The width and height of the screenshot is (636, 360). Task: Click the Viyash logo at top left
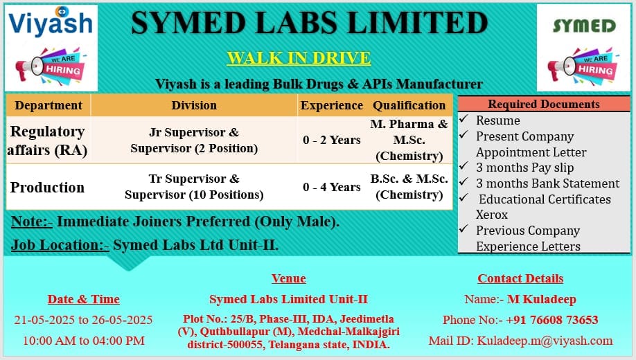50,22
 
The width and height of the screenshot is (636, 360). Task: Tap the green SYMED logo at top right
584,26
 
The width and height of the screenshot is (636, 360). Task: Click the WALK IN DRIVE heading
299,58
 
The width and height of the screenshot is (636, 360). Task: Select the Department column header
48,105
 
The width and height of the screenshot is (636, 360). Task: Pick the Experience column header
331,105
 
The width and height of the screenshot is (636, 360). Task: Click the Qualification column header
409,105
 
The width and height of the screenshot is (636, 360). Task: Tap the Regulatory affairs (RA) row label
47,140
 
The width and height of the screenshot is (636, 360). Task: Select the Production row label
47,187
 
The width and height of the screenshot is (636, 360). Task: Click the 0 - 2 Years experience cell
332,140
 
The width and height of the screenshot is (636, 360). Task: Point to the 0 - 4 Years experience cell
332,187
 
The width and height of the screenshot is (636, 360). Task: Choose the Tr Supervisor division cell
194,187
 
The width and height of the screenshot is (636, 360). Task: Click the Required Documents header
544,105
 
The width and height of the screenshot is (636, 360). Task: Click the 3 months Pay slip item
524,168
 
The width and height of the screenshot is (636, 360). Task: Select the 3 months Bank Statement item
547,183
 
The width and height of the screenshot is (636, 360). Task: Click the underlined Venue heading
288,278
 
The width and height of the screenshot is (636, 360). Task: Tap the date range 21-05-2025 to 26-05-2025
83,320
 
